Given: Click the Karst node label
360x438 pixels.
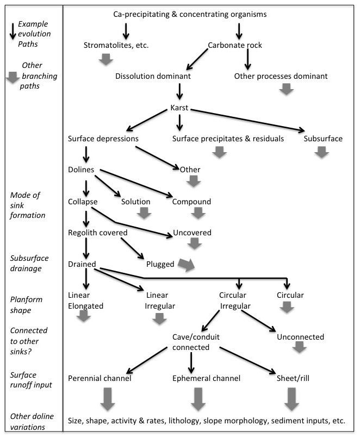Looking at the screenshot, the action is coord(179,108).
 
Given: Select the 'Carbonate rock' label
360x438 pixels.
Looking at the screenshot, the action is coord(235,45).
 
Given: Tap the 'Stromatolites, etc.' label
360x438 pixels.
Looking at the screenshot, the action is coord(116,45).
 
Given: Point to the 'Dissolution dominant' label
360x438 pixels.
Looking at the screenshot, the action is coord(153,76).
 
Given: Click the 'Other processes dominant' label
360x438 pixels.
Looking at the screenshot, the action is coord(281,76).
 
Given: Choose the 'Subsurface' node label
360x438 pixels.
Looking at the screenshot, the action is coord(323,139).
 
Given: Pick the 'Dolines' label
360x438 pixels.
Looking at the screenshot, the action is coord(81,170).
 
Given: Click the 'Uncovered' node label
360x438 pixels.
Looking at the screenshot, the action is coord(193,233).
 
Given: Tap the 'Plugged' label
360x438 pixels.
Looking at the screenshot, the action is coord(160,264).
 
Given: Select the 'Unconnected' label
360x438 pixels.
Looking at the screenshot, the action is coord(301,337).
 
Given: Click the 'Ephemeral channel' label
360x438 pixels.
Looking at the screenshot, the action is coord(206,378).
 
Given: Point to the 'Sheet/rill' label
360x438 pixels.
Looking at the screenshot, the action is coord(293,378).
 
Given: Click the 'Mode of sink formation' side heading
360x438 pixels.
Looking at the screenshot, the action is coord(27,205).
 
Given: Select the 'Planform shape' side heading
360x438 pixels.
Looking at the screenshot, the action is coord(26,305).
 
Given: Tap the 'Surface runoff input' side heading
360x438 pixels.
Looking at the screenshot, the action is coord(31,380).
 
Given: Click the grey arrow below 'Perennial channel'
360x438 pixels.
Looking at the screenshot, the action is coord(108,399).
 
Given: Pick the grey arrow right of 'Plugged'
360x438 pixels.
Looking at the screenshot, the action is coord(187,265).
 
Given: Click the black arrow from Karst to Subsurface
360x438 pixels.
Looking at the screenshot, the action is coord(247,120).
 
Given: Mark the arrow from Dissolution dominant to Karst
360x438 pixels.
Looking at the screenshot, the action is coord(179,92).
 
